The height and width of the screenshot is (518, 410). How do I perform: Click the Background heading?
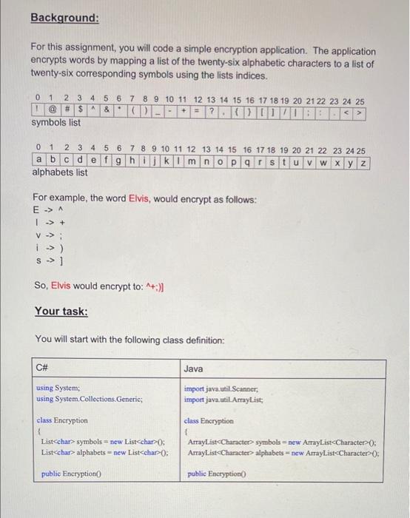(64, 17)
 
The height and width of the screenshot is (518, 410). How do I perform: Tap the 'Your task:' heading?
(61, 312)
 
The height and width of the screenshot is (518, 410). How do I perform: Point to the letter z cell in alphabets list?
(363, 161)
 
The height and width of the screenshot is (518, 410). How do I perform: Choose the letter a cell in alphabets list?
(38, 161)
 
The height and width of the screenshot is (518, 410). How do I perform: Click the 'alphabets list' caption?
(60, 172)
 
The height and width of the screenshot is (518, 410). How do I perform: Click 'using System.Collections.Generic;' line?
(89, 399)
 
